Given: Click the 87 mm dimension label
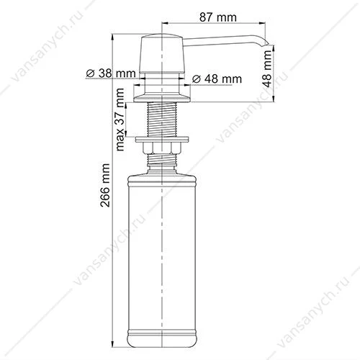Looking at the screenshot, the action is [x=217, y=17].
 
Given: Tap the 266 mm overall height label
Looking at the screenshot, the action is [x=105, y=185].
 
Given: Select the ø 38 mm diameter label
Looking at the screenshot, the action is [x=111, y=73].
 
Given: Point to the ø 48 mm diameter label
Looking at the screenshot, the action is [x=217, y=79].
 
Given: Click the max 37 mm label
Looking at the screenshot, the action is [x=120, y=120].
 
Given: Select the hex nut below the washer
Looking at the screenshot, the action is [x=162, y=148].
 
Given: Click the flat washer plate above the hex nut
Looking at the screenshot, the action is [x=162, y=140].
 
